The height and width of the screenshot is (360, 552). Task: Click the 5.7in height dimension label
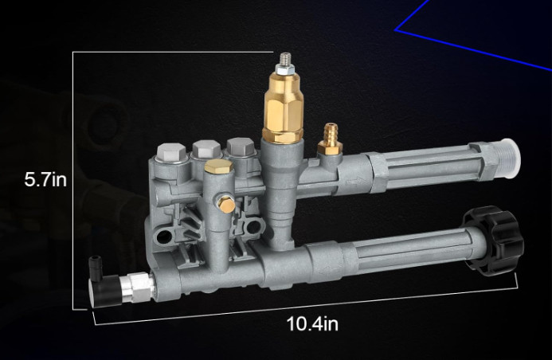(x=45, y=179)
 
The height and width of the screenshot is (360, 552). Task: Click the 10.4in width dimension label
(x=312, y=323)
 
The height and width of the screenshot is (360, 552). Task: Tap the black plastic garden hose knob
(x=494, y=240)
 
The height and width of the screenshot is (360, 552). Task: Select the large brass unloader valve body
(x=283, y=108)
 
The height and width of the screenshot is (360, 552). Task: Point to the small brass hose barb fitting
(x=330, y=139)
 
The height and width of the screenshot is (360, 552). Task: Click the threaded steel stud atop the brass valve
(x=285, y=59)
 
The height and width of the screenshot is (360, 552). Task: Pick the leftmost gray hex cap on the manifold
(x=171, y=152)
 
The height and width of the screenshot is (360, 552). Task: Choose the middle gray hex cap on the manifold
(x=206, y=149)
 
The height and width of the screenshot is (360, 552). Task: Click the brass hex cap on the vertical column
(x=218, y=166)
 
